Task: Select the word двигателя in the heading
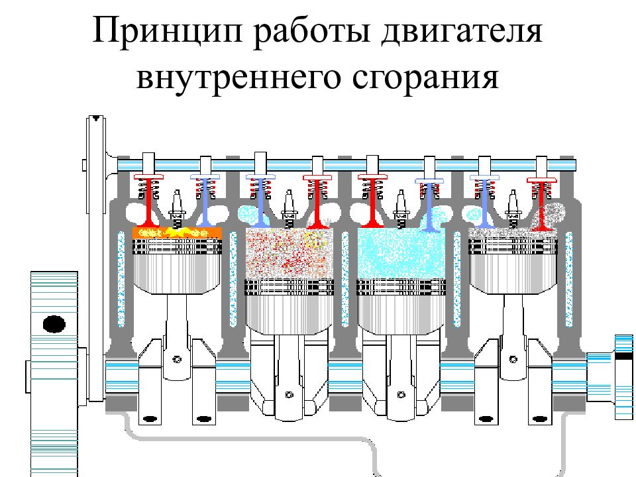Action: [462, 32]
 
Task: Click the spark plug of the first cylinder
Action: [177, 209]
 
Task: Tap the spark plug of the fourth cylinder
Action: [513, 209]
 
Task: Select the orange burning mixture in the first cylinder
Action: [178, 233]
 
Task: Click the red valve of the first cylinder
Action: [149, 201]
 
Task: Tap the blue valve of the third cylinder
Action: [429, 205]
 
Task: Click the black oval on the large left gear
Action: [54, 324]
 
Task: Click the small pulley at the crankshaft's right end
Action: [624, 377]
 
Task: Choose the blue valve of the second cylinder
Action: [260, 201]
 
